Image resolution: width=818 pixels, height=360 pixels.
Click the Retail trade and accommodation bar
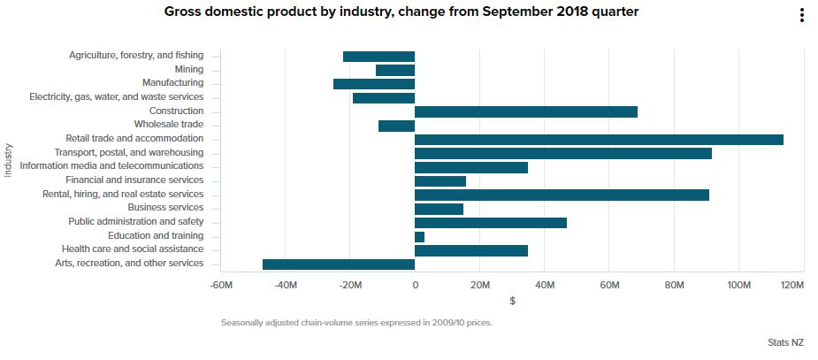click(x=599, y=140)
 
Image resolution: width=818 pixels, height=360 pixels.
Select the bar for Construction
click(x=525, y=111)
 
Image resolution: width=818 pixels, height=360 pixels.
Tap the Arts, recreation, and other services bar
click(x=339, y=264)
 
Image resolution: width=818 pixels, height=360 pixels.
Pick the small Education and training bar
click(x=419, y=237)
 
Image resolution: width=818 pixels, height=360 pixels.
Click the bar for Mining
click(x=395, y=70)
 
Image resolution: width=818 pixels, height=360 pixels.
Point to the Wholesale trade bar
click(x=396, y=126)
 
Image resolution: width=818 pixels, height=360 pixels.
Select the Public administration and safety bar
click(x=490, y=223)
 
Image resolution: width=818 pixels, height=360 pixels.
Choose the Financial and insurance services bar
click(x=440, y=181)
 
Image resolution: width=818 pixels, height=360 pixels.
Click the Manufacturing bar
click(x=374, y=84)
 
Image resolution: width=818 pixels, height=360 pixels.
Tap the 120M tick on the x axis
click(x=792, y=285)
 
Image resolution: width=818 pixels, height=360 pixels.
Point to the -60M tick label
click(x=221, y=285)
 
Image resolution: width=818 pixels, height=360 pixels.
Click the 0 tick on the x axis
click(x=415, y=285)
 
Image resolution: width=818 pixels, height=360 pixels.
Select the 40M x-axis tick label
click(x=545, y=285)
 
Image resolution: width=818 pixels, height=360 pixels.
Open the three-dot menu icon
click(x=801, y=15)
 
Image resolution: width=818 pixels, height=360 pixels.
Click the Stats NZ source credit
click(x=786, y=341)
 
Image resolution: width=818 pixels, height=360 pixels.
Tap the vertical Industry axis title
click(x=9, y=160)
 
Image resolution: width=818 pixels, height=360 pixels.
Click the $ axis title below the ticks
click(x=513, y=302)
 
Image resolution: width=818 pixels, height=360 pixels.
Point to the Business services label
click(x=165, y=209)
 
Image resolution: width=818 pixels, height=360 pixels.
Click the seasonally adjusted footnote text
click(x=356, y=323)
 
